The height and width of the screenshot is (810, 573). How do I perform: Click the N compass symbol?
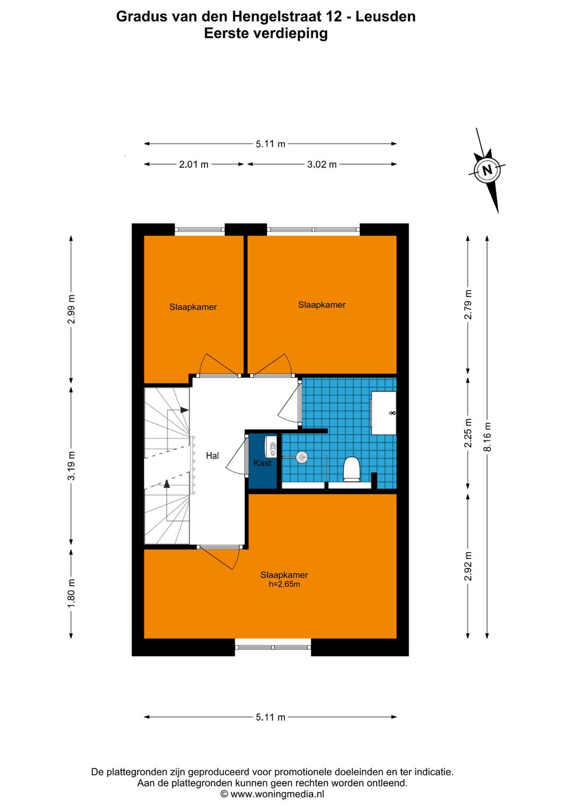click(x=488, y=170)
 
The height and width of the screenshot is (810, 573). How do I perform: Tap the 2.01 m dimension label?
click(x=194, y=165)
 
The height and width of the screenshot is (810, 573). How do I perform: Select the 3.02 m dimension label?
click(x=322, y=165)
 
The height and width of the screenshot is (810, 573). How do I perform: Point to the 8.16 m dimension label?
click(x=488, y=436)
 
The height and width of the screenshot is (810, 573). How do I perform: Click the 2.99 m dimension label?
click(x=72, y=309)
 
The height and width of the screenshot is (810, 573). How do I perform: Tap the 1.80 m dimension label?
click(x=72, y=593)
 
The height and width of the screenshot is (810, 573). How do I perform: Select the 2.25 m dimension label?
click(x=468, y=433)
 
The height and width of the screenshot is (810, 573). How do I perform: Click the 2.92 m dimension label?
click(x=468, y=566)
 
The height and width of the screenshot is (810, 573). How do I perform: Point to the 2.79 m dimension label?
click(x=468, y=304)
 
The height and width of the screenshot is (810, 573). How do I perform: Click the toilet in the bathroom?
click(x=351, y=469)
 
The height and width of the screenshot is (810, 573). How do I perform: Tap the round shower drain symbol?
click(x=302, y=457)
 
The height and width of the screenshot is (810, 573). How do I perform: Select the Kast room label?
click(x=262, y=463)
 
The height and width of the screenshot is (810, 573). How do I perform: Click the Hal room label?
click(x=212, y=455)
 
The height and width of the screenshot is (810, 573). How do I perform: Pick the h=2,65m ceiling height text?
click(x=284, y=584)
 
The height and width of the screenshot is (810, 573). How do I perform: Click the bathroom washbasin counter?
click(x=384, y=412)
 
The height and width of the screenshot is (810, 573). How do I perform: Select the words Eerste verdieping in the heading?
click(x=266, y=33)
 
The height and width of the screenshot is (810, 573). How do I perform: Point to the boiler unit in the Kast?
click(x=271, y=447)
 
